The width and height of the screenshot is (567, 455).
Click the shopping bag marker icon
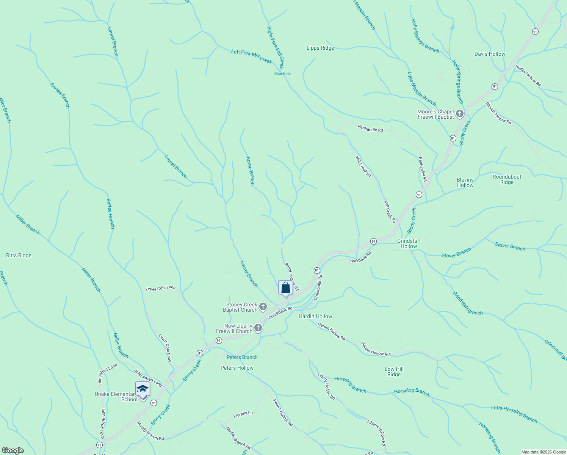(285, 288)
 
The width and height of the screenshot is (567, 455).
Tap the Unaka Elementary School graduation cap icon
(143, 389)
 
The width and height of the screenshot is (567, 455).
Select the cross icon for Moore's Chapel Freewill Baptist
(460, 114)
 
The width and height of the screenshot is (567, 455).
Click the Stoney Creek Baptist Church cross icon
(263, 306)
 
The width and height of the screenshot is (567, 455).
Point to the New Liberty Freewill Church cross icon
(258, 328)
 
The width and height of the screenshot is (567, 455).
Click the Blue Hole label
(282, 74)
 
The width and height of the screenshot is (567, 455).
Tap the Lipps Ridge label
(320, 48)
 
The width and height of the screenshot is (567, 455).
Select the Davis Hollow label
(490, 54)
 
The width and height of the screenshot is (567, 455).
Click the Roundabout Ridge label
(507, 179)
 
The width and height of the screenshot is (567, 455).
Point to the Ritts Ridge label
(19, 256)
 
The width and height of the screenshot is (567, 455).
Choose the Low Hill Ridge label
(394, 372)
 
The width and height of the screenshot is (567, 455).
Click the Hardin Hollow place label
(315, 316)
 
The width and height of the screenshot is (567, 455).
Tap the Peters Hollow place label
(237, 368)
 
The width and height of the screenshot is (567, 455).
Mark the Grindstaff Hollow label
(409, 243)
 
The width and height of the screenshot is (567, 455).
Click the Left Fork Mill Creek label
(252, 56)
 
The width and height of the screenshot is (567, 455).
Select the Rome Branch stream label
(250, 171)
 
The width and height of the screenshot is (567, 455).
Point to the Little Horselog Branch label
(514, 414)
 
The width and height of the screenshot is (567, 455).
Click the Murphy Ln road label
(243, 414)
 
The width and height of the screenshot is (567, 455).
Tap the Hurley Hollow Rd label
(528, 76)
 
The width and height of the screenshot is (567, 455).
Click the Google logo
(13, 450)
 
